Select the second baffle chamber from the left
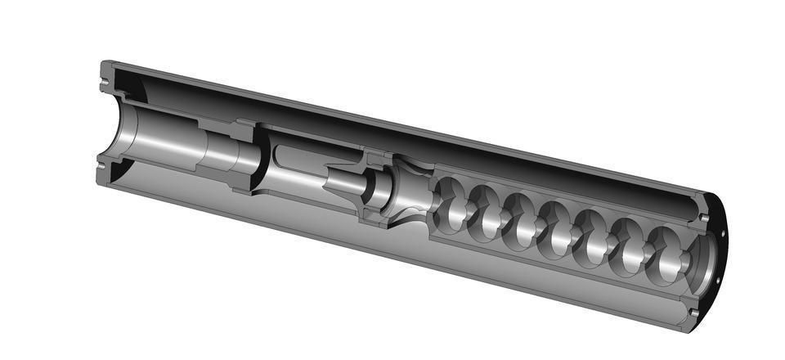point(486,214)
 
